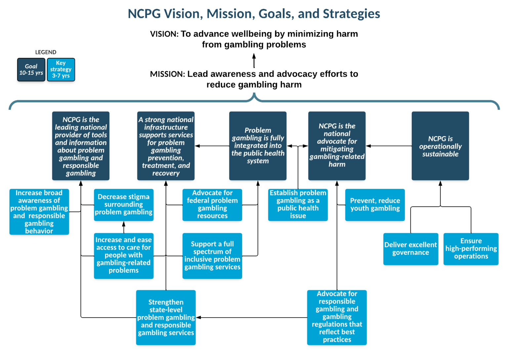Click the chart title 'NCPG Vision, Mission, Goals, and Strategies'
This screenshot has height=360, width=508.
pos(254,14)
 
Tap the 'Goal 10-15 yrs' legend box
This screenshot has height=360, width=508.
pos(31,69)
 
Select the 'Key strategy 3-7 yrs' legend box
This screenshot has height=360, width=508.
pos(61,69)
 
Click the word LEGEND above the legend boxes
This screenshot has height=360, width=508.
pos(46,52)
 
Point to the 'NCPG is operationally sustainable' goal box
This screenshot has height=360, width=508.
pos(440,146)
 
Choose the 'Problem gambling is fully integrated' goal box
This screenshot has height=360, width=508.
pos(258,146)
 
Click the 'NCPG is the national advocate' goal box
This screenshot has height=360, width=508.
pos(337,146)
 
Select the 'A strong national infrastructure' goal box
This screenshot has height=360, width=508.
pos(166,146)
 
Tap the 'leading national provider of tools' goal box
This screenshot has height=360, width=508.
pos(81,146)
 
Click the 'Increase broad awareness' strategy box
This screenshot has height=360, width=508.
pos(39,212)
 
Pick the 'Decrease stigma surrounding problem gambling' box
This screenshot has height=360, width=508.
pos(123,204)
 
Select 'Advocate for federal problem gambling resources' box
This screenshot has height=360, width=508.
pos(212,204)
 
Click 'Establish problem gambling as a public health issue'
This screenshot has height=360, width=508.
pos(298,204)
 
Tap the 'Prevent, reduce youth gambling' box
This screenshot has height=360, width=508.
pos(375,204)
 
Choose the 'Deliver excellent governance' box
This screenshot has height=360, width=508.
pos(410,248)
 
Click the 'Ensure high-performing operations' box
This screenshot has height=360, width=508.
pos(471,248)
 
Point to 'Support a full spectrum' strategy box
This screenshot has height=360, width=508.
pos(212,255)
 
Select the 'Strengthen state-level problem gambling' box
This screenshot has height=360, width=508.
pos(166,318)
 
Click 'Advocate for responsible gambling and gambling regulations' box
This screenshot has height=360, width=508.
pos(337,317)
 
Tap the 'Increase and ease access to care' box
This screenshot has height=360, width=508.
pos(123,255)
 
